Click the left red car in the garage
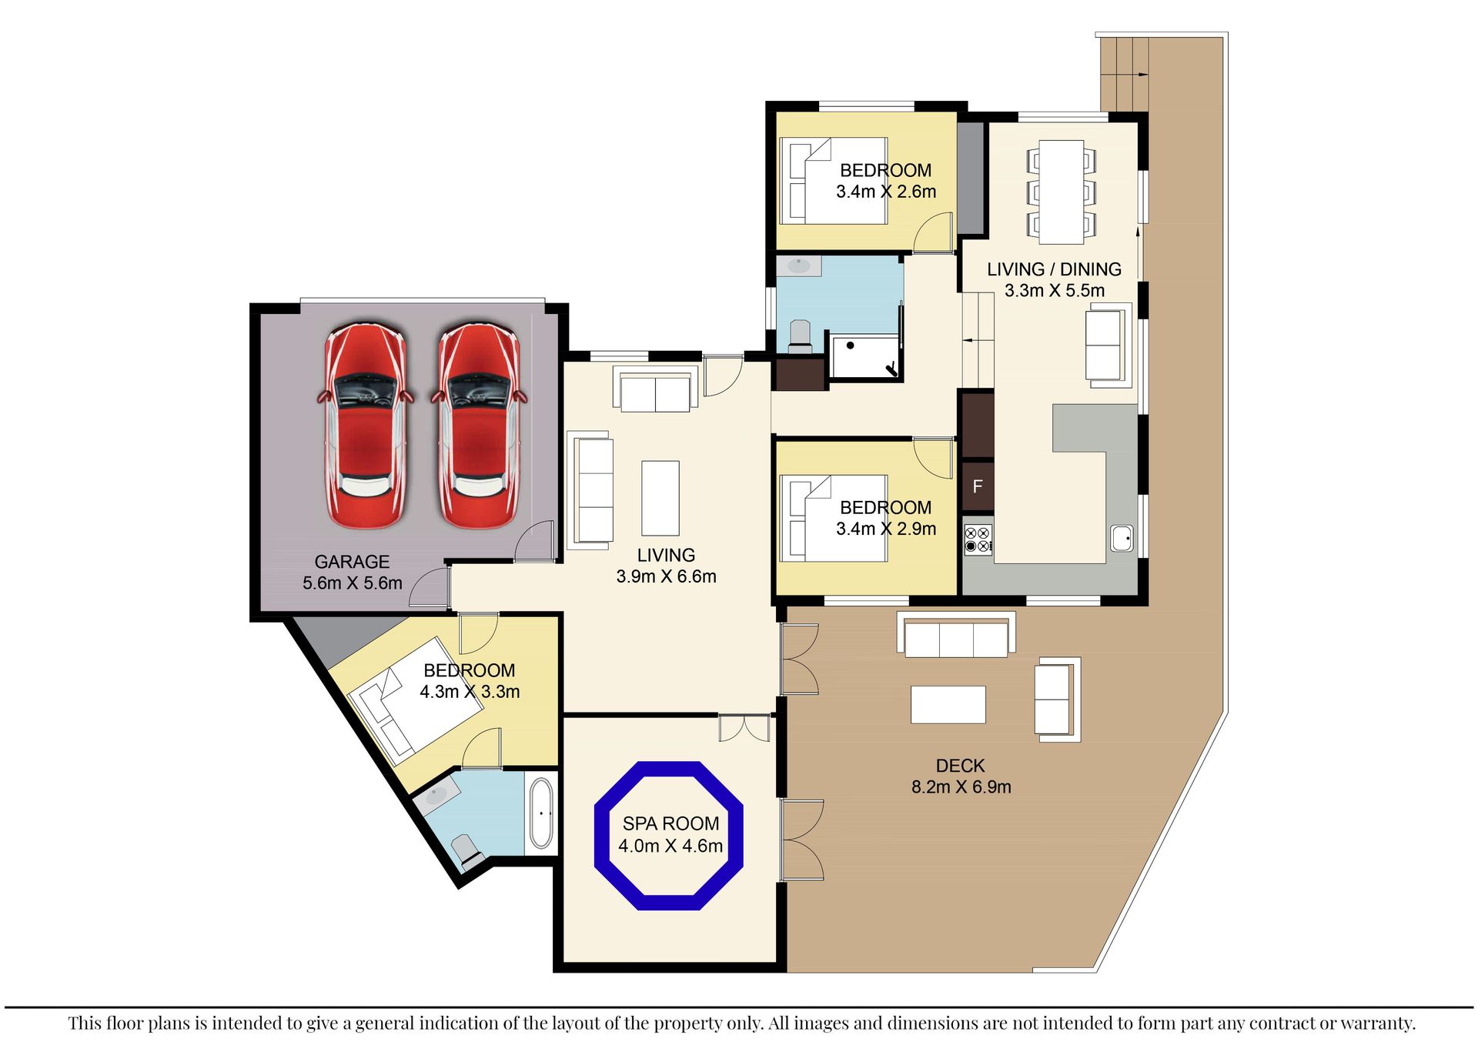tap(366, 426)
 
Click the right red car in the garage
tap(479, 426)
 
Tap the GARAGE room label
tap(352, 562)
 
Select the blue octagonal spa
tap(669, 836)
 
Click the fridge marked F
tap(978, 486)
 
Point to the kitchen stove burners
tap(978, 539)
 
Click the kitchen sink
tap(1122, 538)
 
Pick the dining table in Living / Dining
tap(1062, 192)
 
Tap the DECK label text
tap(960, 766)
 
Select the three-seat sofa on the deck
tap(956, 635)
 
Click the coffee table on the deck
tap(948, 704)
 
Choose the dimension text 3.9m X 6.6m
tap(666, 576)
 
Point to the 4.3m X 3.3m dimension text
tap(470, 692)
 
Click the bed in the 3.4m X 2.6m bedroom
tap(834, 181)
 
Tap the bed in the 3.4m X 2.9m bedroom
tap(834, 519)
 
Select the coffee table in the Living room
tap(660, 498)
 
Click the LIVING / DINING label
tap(1054, 269)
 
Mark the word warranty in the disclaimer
tap(1376, 1023)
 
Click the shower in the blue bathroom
tap(865, 356)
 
